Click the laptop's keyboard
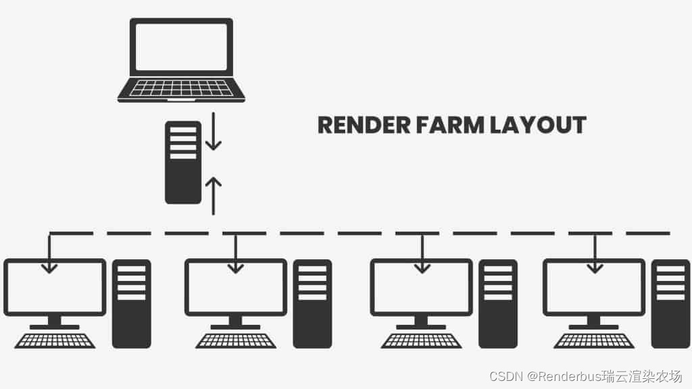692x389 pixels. coord(181,88)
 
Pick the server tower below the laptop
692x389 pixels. coord(183,162)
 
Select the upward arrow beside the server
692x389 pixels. coord(214,194)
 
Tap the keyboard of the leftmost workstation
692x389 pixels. coord(55,340)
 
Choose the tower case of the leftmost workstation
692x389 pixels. coord(131,303)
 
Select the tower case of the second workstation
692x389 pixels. coord(312,303)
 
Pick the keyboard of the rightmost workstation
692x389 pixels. coord(594,340)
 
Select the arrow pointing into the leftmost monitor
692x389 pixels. coord(49,257)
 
